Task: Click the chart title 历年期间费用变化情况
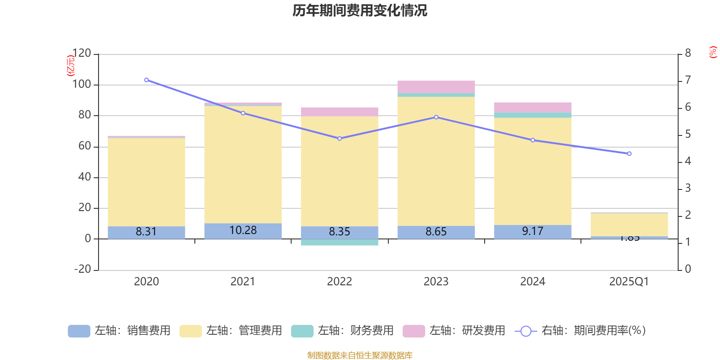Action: coord(360,10)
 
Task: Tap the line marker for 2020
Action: coord(146,80)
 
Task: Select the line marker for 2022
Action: coord(339,139)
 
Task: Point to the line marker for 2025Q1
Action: coord(629,154)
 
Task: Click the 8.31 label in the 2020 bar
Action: coord(146,232)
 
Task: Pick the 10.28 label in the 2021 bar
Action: coord(243,230)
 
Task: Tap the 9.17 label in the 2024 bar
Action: coord(533,231)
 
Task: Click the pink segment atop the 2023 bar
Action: coord(436,87)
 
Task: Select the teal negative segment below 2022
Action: coord(339,243)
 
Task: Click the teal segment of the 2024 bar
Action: coord(533,115)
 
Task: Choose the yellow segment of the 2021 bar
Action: coord(243,164)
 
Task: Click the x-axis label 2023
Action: coord(436,282)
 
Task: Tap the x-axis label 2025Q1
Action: coord(629,282)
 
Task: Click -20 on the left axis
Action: coord(82,269)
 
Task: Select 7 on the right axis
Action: coord(688,80)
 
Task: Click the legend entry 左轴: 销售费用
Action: coord(119,331)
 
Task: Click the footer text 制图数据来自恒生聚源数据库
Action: coord(360,355)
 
